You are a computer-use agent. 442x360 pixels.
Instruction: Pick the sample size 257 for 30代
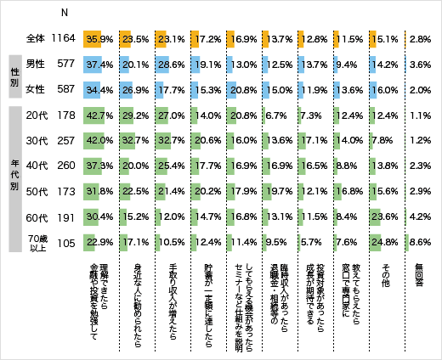pos(65,140)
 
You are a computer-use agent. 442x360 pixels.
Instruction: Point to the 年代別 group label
pos(14,178)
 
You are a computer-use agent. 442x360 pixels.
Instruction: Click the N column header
pos(65,12)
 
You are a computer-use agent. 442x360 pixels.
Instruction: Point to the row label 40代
pos(35,166)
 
